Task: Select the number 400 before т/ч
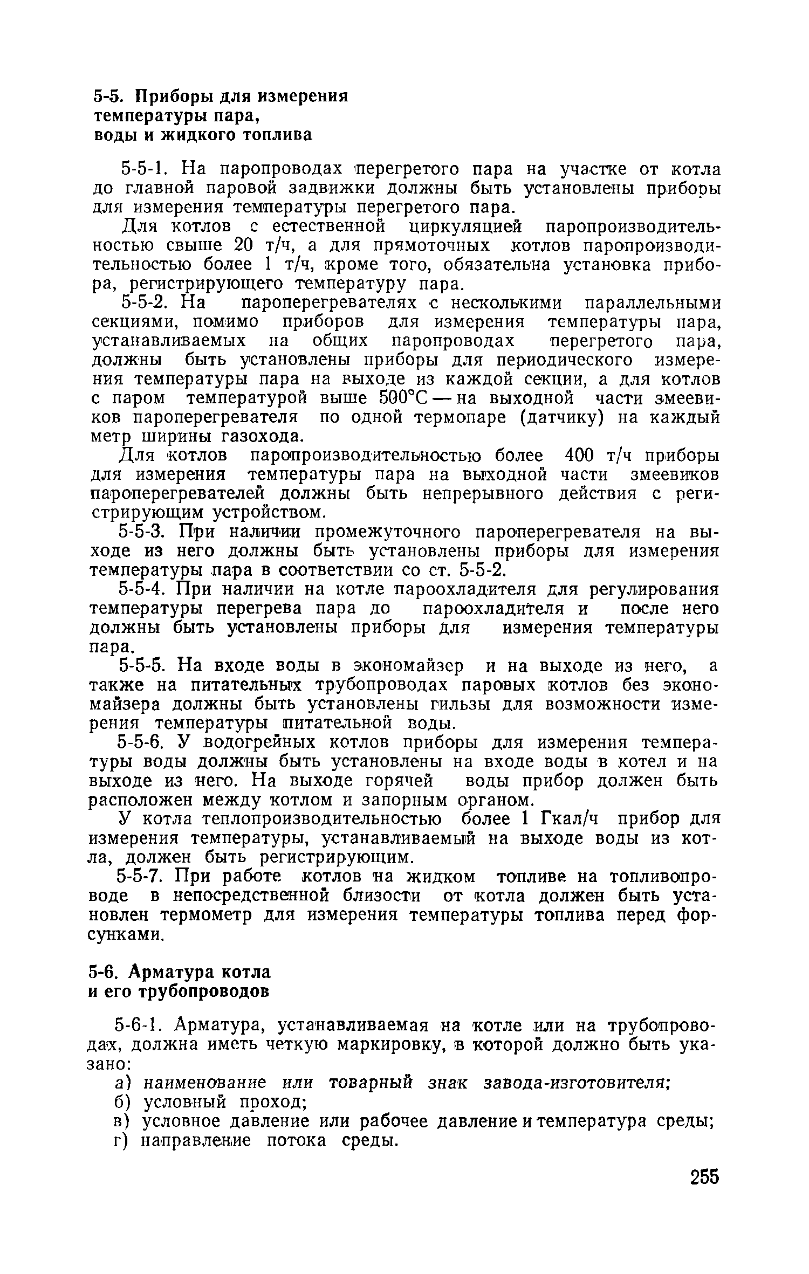pos(577,456)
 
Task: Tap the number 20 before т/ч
pos(244,245)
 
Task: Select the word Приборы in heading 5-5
pos(176,97)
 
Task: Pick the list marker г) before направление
pos(120,1140)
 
